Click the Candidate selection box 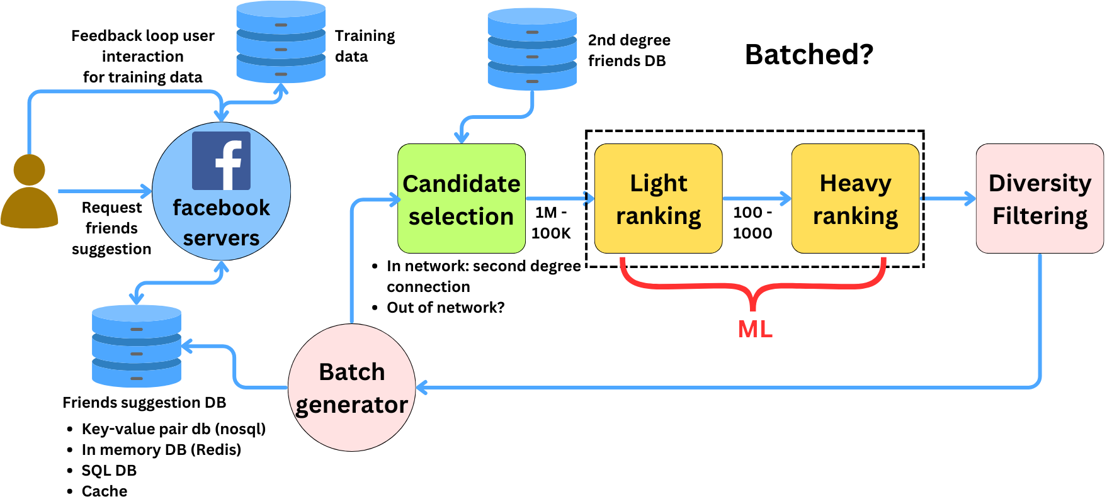pyautogui.click(x=461, y=199)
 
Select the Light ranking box pyautogui.click(x=658, y=199)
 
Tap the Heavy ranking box pyautogui.click(x=855, y=199)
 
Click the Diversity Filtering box pyautogui.click(x=1039, y=199)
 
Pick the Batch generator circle pyautogui.click(x=351, y=388)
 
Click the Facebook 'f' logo pyautogui.click(x=221, y=161)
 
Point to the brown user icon pyautogui.click(x=29, y=192)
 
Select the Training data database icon pyautogui.click(x=281, y=42)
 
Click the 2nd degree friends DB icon pyautogui.click(x=532, y=49)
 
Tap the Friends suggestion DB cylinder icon pyautogui.click(x=137, y=346)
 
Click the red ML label pyautogui.click(x=754, y=329)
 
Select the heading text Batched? pyautogui.click(x=809, y=55)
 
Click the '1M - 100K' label pyautogui.click(x=551, y=223)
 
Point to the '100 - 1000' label pyautogui.click(x=752, y=223)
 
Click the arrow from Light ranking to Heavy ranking pyautogui.click(x=756, y=199)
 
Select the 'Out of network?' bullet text pyautogui.click(x=445, y=308)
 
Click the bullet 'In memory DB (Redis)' pyautogui.click(x=161, y=450)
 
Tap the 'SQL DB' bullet pyautogui.click(x=109, y=471)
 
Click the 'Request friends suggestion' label pyautogui.click(x=111, y=228)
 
